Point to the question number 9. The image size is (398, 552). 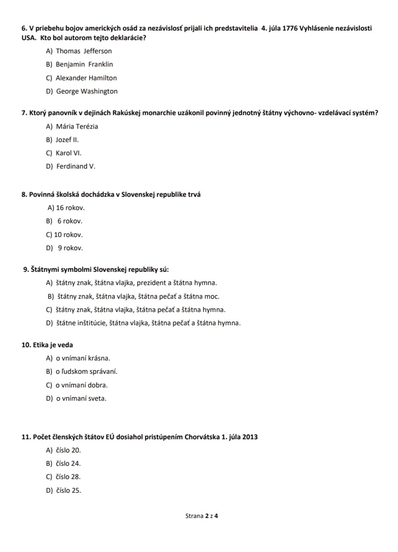pyautogui.click(x=26, y=269)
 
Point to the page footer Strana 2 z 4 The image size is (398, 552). pyautogui.click(x=202, y=516)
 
